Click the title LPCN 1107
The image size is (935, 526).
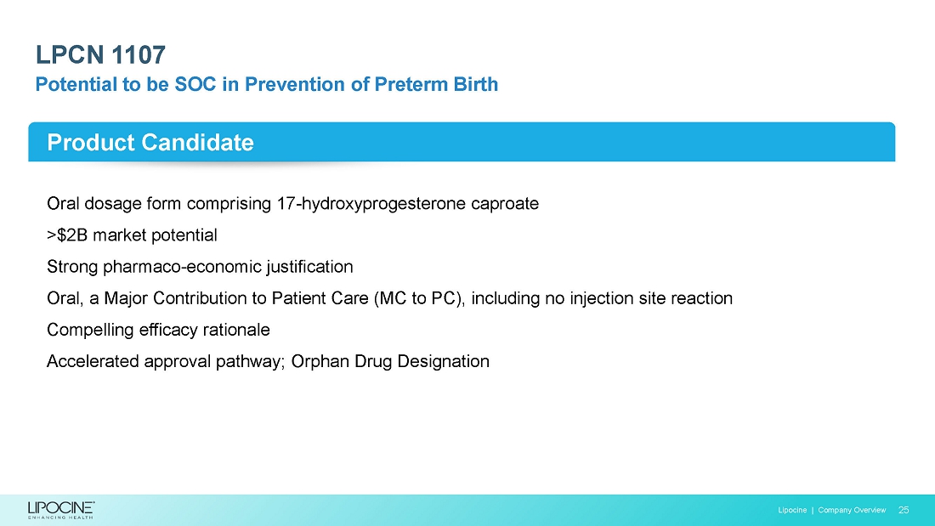[x=100, y=55]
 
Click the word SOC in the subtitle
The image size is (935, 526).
[x=195, y=84]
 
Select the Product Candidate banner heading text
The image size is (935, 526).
[x=150, y=143]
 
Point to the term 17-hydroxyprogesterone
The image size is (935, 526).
[x=371, y=204]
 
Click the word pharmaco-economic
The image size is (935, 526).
[x=183, y=267]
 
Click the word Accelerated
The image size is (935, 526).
[x=93, y=361]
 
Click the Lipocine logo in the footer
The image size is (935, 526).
[x=61, y=510]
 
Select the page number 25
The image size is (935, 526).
[x=904, y=510]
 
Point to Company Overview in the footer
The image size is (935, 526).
[x=852, y=510]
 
